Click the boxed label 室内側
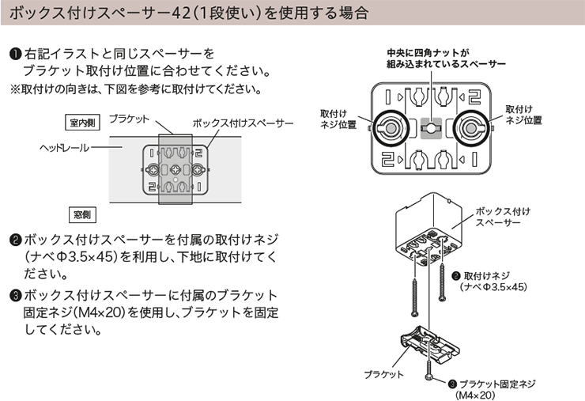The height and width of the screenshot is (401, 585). click(x=82, y=123)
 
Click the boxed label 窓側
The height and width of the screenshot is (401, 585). click(x=82, y=214)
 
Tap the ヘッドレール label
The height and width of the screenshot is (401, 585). click(x=65, y=148)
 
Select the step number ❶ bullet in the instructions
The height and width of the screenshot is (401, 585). click(x=16, y=54)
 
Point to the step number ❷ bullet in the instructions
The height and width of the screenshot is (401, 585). click(x=16, y=240)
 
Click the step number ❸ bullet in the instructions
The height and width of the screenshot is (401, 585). click(x=16, y=295)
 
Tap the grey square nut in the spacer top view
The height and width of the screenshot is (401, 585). click(x=432, y=128)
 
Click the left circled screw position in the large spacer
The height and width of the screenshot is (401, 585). click(x=391, y=128)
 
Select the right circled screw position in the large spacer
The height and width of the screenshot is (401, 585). click(x=472, y=128)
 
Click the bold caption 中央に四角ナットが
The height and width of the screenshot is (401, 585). click(x=428, y=53)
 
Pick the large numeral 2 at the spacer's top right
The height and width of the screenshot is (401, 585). click(x=474, y=97)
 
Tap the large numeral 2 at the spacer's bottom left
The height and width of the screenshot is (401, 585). click(x=388, y=160)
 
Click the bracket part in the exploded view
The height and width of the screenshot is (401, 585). click(x=430, y=346)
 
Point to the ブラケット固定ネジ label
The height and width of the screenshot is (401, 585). click(x=497, y=384)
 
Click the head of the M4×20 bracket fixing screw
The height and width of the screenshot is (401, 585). click(x=429, y=377)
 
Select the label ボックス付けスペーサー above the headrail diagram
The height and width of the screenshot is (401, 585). click(x=243, y=123)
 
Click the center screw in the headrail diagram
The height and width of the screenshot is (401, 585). click(x=175, y=170)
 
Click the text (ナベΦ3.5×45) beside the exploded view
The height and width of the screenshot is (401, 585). click(x=493, y=287)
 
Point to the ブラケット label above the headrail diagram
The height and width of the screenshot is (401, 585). click(x=129, y=119)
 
